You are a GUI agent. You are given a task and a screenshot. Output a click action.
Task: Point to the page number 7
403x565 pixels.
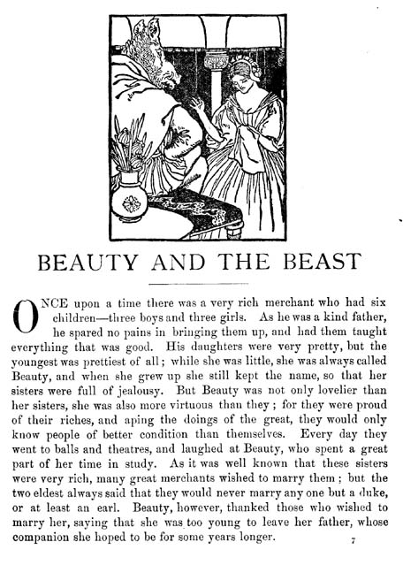pos(353,539)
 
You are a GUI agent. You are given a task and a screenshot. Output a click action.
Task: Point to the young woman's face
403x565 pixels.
pos(241,77)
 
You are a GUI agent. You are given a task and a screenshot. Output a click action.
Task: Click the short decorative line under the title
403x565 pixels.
pos(201,283)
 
